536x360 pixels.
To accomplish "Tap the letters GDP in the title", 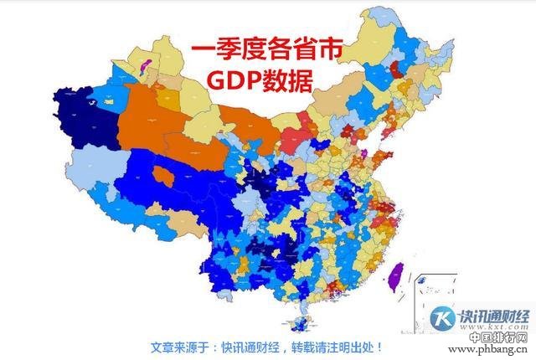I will (237, 82).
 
